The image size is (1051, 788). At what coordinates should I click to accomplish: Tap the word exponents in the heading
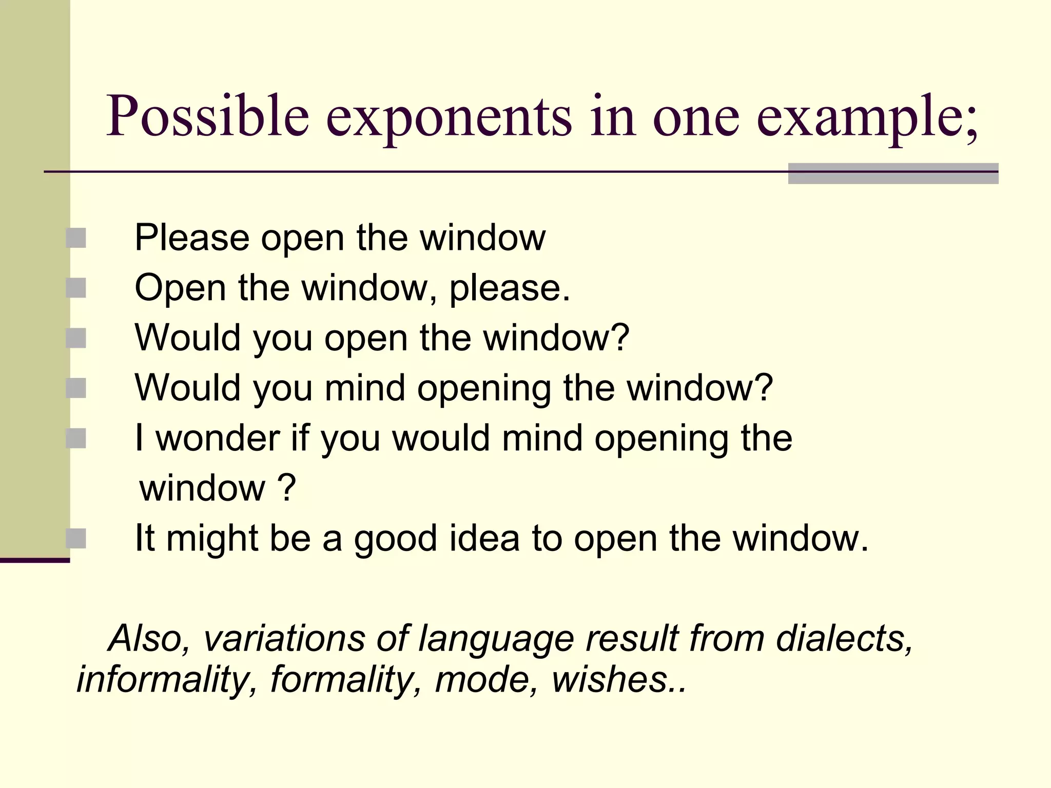tap(449, 118)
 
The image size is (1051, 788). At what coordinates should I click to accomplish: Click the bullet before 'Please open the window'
tap(76, 238)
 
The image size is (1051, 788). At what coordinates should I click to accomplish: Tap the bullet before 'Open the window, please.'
tap(76, 288)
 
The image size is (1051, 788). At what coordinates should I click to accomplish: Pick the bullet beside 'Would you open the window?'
tap(76, 338)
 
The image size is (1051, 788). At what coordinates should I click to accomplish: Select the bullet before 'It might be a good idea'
tap(76, 538)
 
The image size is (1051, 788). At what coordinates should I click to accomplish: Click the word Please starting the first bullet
tap(192, 238)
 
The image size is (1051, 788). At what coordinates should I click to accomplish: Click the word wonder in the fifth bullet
tap(218, 438)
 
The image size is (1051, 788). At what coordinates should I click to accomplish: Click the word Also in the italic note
tap(149, 639)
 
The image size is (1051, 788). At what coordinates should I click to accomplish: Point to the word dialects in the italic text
tap(844, 639)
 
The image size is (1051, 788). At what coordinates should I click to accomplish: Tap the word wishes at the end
tap(611, 680)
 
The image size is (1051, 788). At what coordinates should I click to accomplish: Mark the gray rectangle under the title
tap(893, 173)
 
